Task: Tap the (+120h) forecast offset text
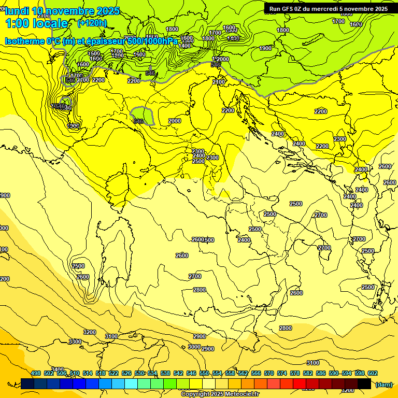(x=92, y=23)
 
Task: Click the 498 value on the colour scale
(x=36, y=373)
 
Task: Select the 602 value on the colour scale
(x=373, y=373)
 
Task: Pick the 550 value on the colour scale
(x=204, y=373)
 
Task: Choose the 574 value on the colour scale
(x=282, y=373)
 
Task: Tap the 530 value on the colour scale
(x=139, y=373)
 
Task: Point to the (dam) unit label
(x=383, y=384)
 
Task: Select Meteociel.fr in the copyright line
(x=241, y=394)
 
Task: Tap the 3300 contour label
(x=75, y=342)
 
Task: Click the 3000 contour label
(x=194, y=347)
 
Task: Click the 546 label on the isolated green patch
(x=138, y=121)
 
